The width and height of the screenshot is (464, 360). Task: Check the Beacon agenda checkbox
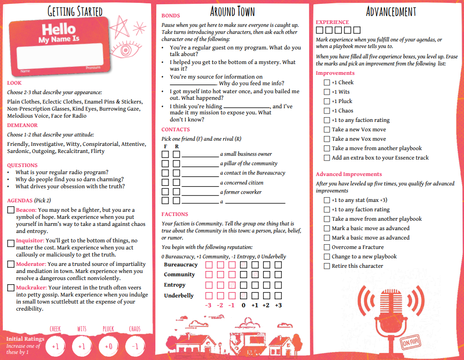tap(11, 210)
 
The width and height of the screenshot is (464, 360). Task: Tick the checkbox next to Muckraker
tap(11, 288)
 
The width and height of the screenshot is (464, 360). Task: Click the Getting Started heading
tap(75, 11)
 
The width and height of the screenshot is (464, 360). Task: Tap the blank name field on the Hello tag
tap(60, 56)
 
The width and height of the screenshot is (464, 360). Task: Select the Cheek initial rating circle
tap(56, 347)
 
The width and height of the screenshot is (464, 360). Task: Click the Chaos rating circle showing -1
tap(135, 347)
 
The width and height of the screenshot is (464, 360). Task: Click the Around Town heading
tap(232, 11)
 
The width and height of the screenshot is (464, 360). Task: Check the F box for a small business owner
tap(165, 154)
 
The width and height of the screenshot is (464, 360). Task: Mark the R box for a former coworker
tap(176, 192)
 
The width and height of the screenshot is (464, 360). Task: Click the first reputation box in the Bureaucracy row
tap(208, 265)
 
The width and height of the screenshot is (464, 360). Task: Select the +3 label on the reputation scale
tap(278, 305)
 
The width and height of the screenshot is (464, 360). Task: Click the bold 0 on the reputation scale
tap(243, 305)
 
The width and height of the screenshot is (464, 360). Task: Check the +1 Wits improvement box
tap(327, 92)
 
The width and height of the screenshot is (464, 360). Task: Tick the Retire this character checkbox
tap(327, 266)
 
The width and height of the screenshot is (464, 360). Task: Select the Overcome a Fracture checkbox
tap(327, 247)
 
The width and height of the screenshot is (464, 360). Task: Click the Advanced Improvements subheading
tap(349, 174)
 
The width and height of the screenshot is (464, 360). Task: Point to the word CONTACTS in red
tap(176, 129)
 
